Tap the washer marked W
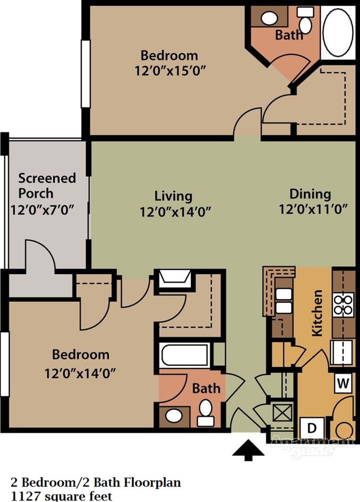click(x=343, y=384)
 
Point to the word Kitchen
click(x=318, y=312)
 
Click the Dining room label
click(x=310, y=194)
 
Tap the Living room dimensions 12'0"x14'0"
click(x=176, y=212)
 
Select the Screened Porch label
click(x=47, y=185)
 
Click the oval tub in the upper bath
click(x=338, y=32)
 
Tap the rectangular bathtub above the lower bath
click(x=184, y=356)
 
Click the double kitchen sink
click(x=284, y=301)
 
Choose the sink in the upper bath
click(x=269, y=18)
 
